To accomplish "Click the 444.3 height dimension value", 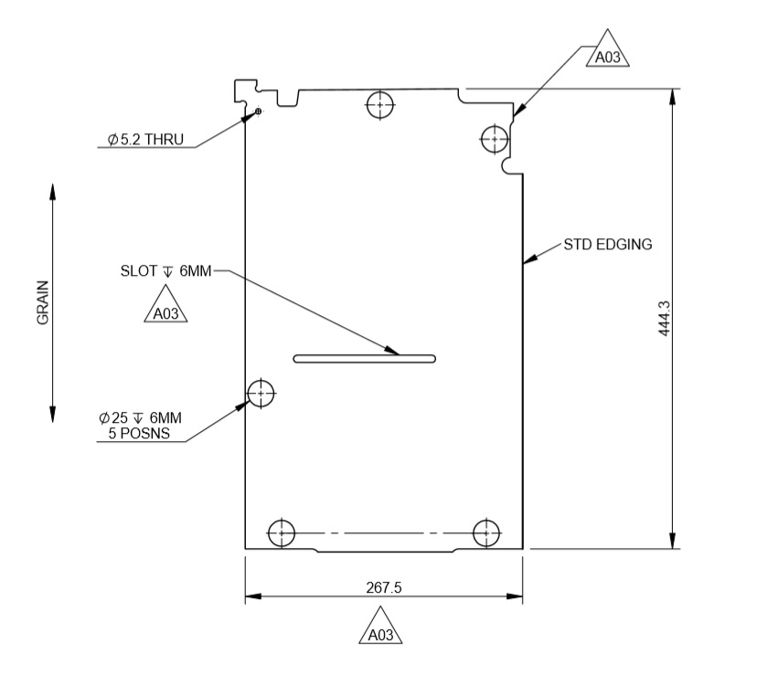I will point(665,319).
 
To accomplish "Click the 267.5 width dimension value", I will point(384,587).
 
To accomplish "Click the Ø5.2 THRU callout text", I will point(145,140).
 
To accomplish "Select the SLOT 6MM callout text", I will point(165,271).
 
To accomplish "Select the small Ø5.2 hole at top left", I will point(259,111).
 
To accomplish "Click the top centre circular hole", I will point(379,104).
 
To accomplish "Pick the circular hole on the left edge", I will point(261,393).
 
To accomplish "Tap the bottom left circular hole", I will point(281,532).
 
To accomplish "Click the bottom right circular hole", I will point(486,532).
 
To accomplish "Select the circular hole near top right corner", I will point(495,139).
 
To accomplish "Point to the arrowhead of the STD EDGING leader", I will point(528,262).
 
